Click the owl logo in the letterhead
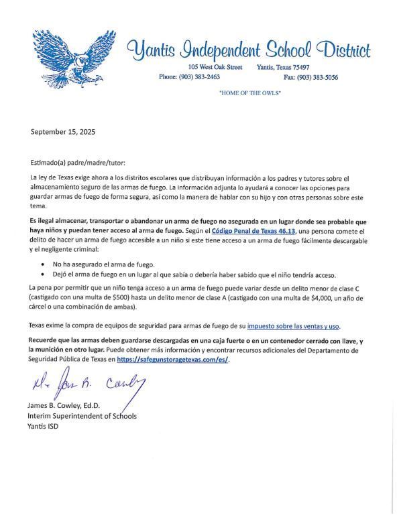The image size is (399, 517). coord(70,59)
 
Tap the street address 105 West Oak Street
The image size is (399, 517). coord(215,68)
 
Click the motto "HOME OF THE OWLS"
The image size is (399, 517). coord(249,92)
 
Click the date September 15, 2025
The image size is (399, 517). coord(63,132)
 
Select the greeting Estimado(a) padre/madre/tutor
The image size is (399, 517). coord(77,163)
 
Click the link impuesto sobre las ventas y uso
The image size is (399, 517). coord(293,326)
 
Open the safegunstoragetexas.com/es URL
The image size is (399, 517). coord(173,360)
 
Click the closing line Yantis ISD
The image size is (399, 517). coord(43,426)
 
